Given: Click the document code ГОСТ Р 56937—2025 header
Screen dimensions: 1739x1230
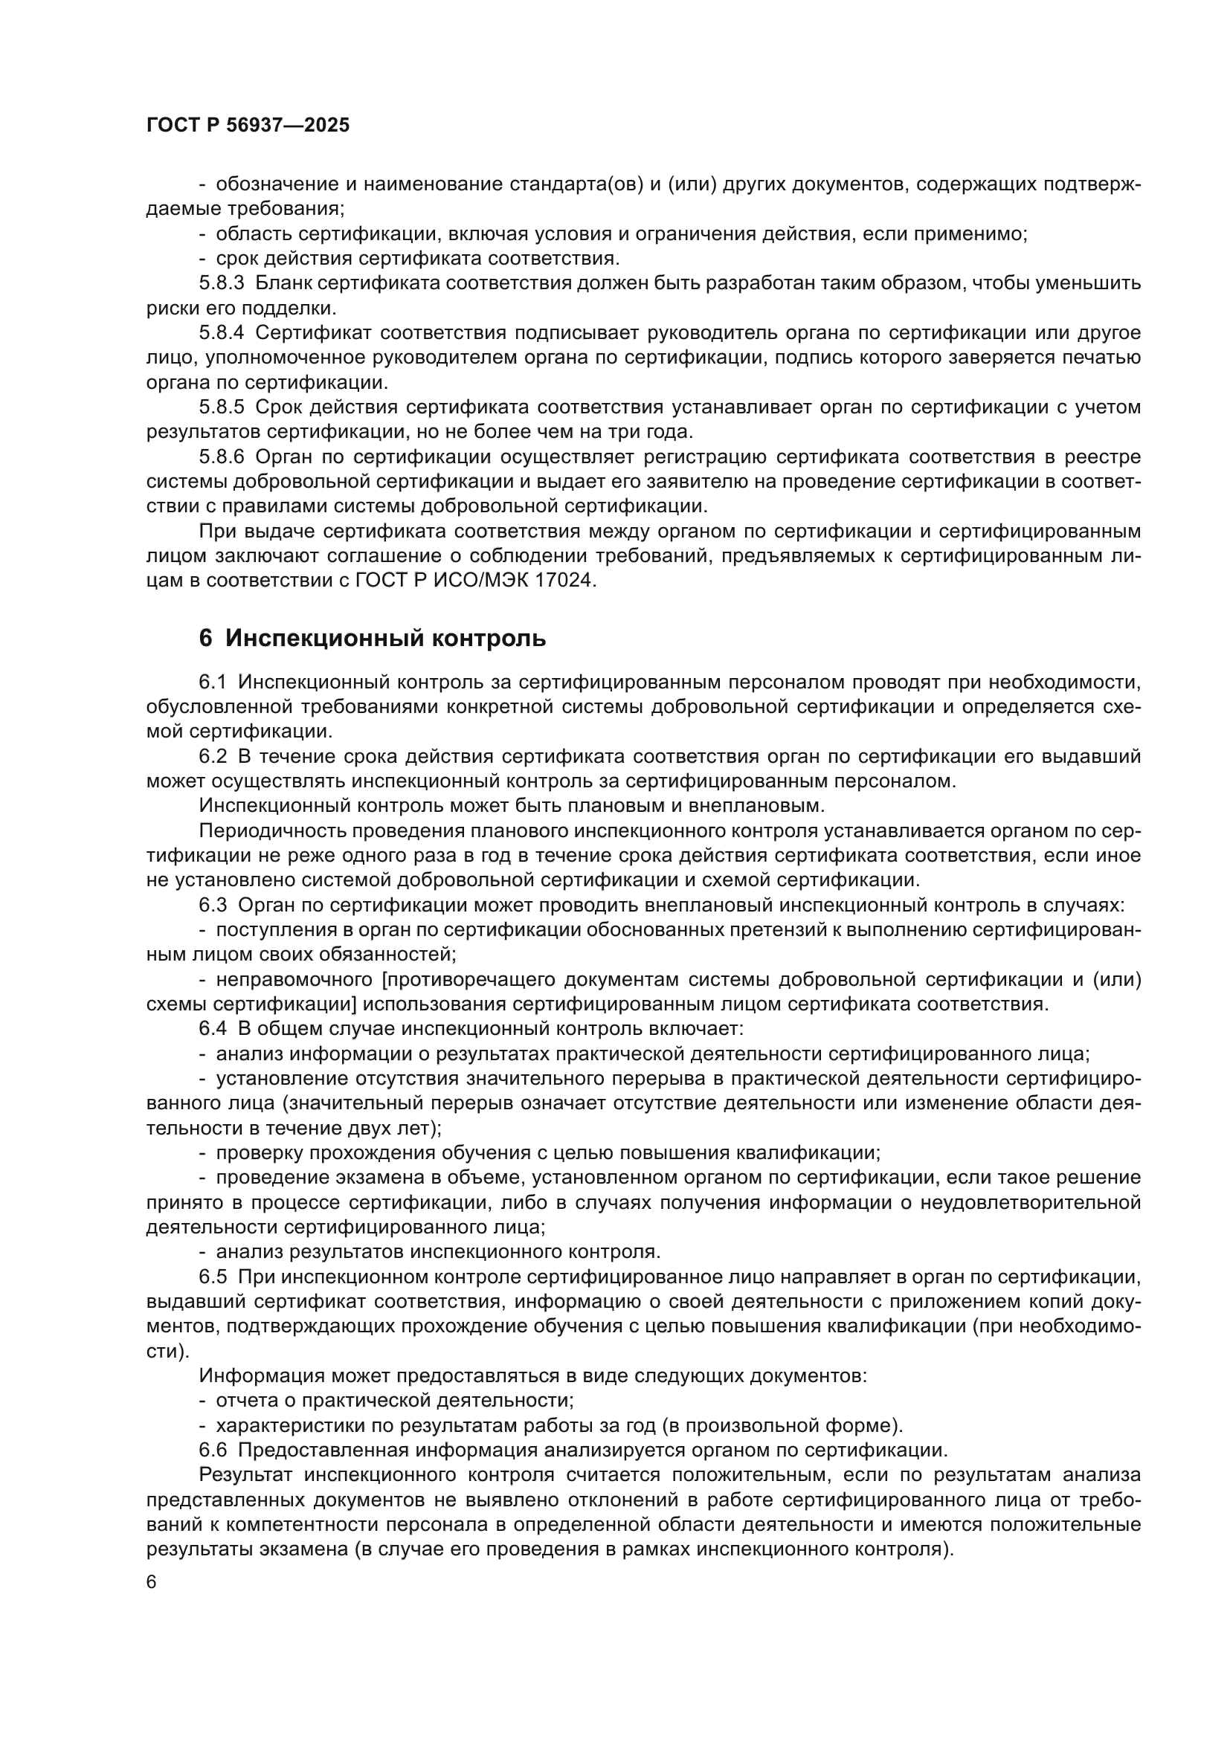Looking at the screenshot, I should pos(248,126).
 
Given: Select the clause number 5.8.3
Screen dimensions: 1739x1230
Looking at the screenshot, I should pos(221,283).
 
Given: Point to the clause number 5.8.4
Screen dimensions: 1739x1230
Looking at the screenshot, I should pos(221,332).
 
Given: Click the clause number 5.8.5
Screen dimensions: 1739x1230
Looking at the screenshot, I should pos(221,407).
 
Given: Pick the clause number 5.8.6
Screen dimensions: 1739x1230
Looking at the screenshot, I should pos(221,456).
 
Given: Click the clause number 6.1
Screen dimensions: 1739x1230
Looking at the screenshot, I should pos(213,682).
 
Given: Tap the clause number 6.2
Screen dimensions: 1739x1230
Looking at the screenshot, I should pos(213,757).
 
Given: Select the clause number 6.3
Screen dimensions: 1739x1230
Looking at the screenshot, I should pos(213,906).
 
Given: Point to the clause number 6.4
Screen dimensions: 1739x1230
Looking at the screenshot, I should pos(213,1029).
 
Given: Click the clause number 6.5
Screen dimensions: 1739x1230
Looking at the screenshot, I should pos(213,1277).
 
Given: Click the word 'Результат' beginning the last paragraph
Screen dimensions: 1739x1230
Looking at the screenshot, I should pos(246,1474).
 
